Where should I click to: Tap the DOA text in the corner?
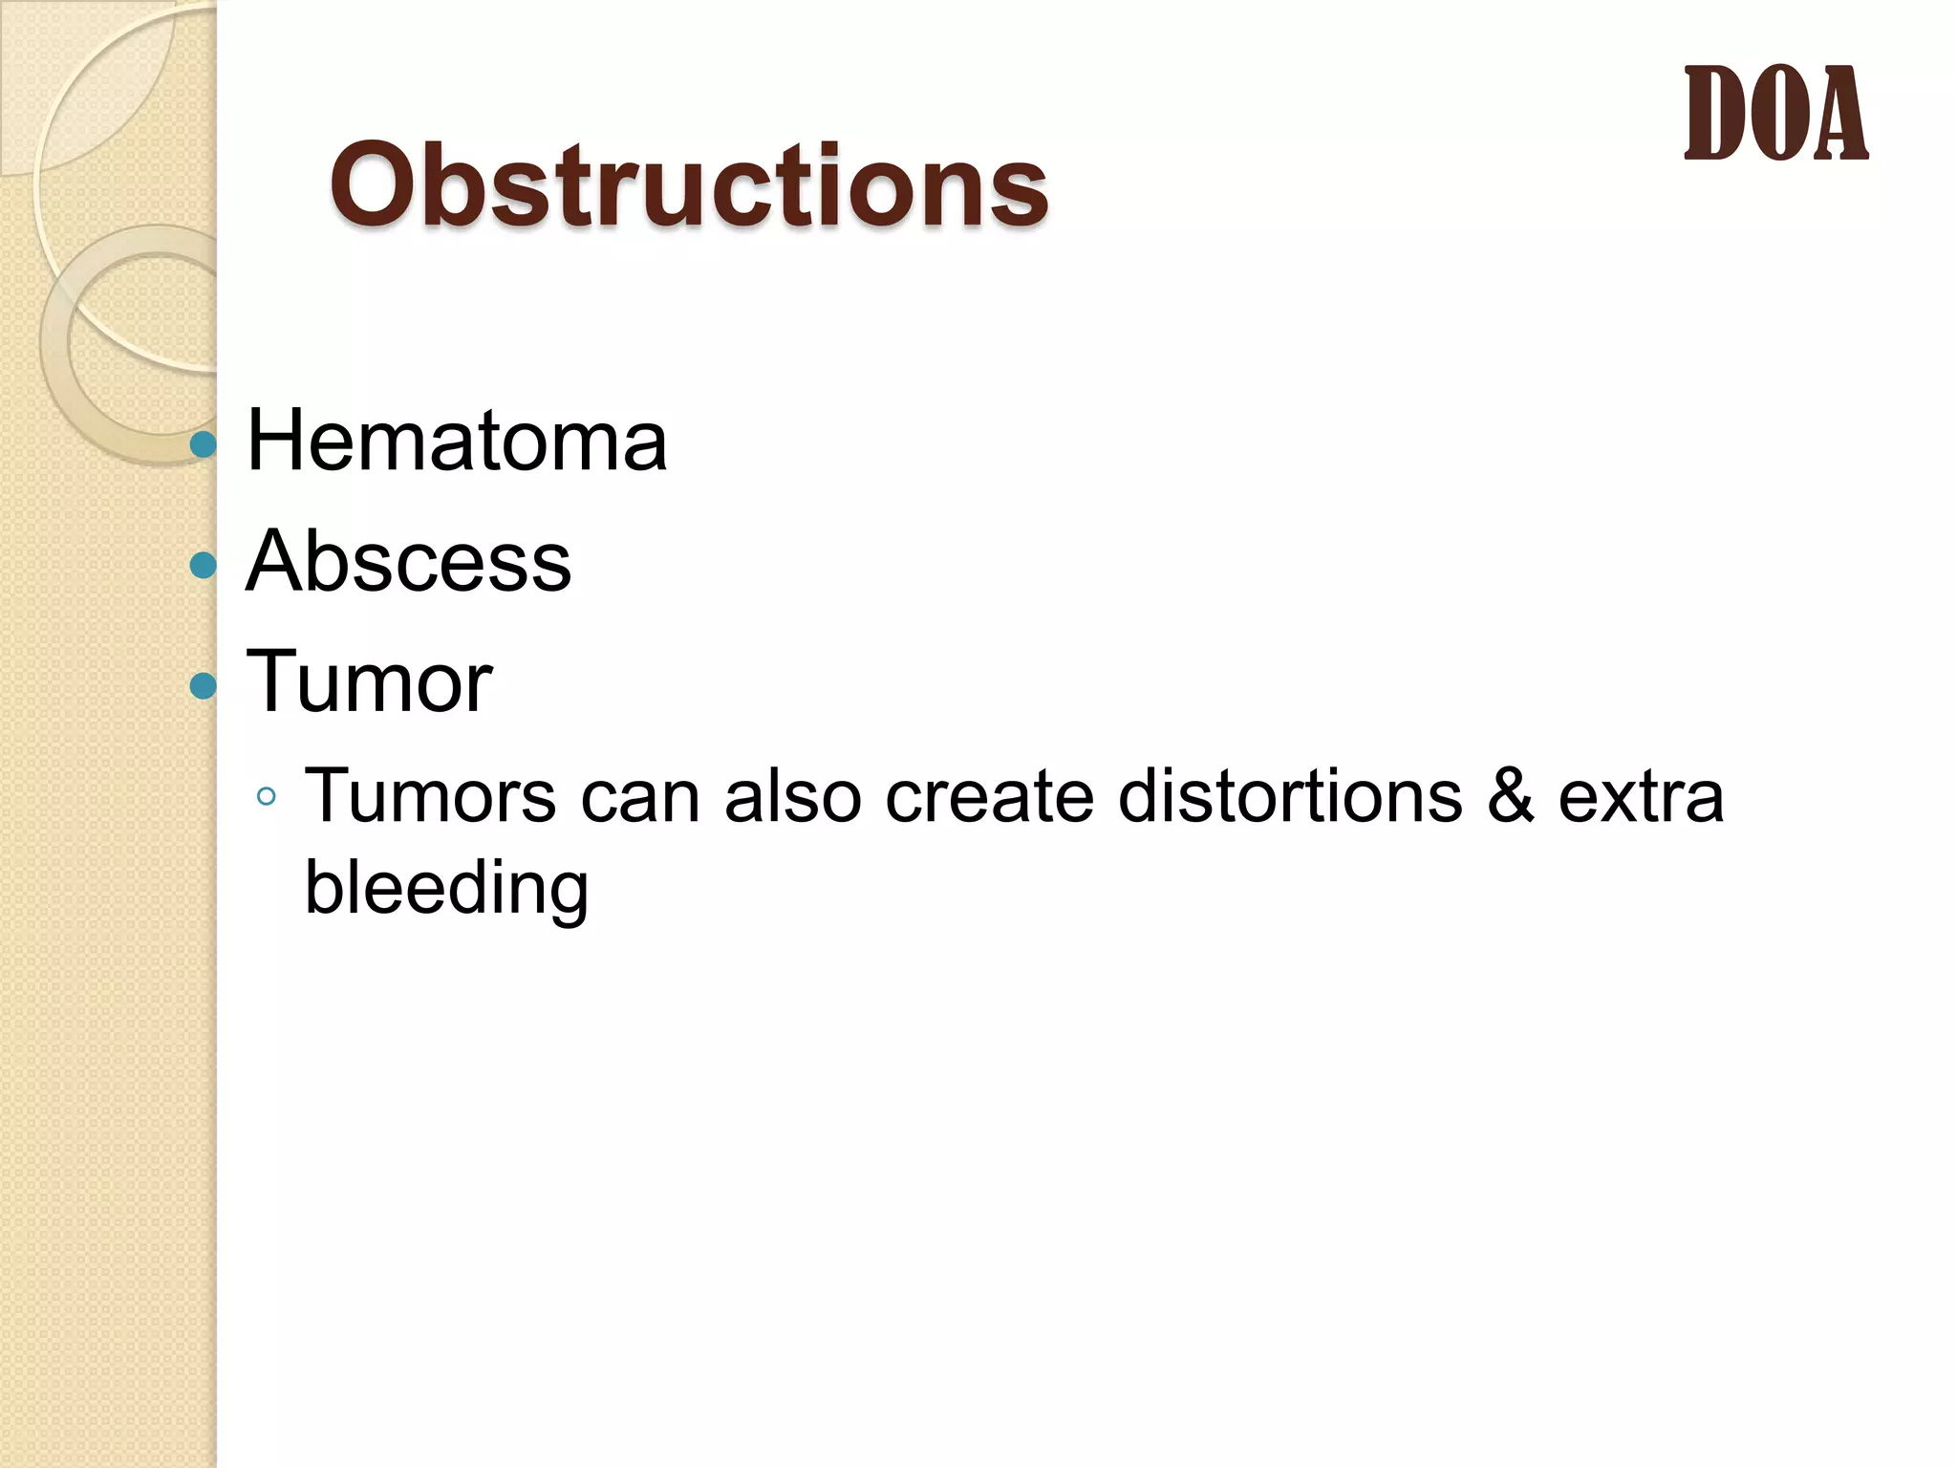click(x=1774, y=115)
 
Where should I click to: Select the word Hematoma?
click(x=456, y=442)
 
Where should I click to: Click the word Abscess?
click(x=408, y=562)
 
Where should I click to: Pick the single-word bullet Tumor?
click(x=369, y=681)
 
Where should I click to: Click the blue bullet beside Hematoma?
click(x=204, y=444)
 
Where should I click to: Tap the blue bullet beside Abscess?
click(x=204, y=565)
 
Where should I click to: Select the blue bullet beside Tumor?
click(x=204, y=685)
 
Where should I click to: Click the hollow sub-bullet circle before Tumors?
click(x=267, y=796)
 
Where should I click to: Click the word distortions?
click(x=1290, y=795)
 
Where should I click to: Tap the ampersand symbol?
click(x=1510, y=795)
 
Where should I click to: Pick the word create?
click(x=988, y=795)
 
